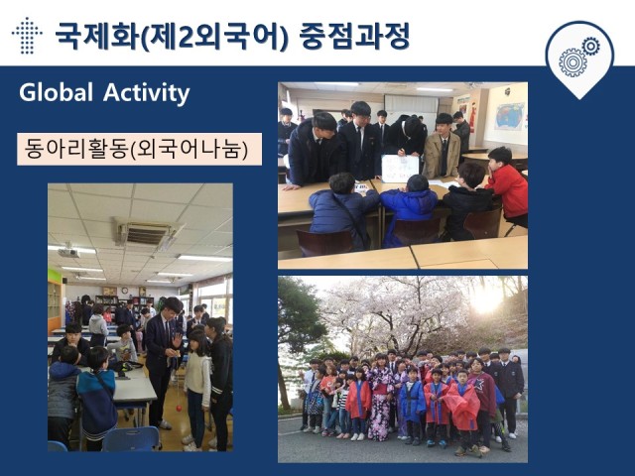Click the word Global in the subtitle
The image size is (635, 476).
tap(56, 92)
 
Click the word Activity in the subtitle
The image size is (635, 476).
tap(146, 93)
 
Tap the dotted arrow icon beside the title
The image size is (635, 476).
tap(27, 36)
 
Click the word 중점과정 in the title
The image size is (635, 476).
tap(354, 36)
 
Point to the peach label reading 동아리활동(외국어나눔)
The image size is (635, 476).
tap(139, 149)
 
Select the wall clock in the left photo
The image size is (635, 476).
tap(125, 291)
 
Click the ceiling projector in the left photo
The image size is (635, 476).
tap(68, 252)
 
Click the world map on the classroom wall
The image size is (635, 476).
tap(509, 117)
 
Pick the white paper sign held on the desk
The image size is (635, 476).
tap(400, 169)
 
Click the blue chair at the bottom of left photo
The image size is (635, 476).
tap(132, 439)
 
